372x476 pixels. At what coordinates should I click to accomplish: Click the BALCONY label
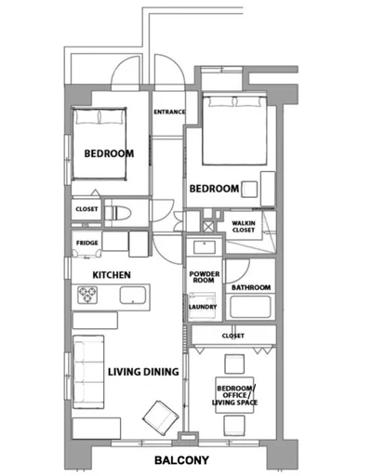point(181,460)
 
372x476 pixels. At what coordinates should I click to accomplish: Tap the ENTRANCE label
point(169,112)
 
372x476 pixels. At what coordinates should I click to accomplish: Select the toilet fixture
point(118,213)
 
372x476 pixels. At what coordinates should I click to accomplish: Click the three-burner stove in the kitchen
point(87,295)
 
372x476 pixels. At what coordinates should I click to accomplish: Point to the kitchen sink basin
point(133,295)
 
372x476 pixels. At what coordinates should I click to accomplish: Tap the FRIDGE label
point(87,243)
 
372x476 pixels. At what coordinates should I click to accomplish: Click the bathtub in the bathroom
point(250,307)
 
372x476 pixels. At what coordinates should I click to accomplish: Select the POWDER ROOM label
point(205,277)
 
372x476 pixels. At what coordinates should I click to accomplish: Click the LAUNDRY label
point(203,307)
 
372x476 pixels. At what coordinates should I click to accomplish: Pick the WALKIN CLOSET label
point(244,227)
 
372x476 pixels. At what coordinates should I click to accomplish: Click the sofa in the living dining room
point(88,372)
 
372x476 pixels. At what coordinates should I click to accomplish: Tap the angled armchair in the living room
point(161,417)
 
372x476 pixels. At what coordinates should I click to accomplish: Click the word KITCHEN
point(112,275)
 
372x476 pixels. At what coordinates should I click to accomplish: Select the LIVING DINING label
point(143,372)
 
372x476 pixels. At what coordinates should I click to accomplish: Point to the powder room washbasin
point(205,247)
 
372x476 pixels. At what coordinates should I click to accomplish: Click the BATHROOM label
point(251,287)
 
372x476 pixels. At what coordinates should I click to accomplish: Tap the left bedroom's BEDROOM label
point(109,153)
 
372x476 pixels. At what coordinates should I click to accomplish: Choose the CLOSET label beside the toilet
point(86,209)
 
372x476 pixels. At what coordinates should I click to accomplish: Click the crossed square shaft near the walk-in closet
point(208,227)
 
